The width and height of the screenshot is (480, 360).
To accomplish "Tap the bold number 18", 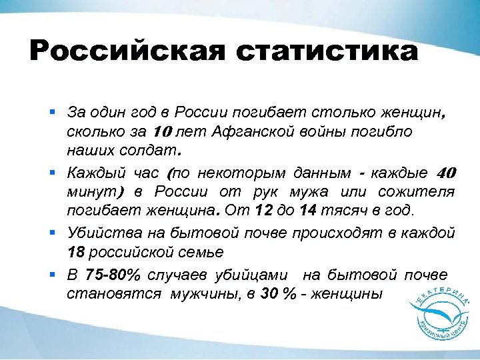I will pyautogui.click(x=76, y=253).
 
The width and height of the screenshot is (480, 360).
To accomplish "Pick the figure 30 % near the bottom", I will pyautogui.click(x=279, y=294).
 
